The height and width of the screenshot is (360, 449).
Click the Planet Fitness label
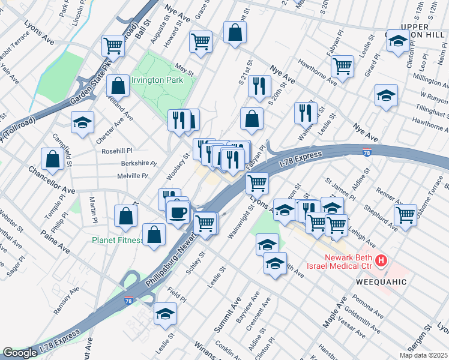(118, 240)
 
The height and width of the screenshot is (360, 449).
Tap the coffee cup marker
(178, 212)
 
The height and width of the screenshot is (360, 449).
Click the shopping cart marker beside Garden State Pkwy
(113, 45)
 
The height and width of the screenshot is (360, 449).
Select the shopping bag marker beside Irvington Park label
(118, 86)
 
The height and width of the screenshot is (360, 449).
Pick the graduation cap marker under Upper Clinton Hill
(398, 41)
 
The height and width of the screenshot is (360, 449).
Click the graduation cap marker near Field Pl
(165, 314)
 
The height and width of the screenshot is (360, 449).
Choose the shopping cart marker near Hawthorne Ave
(342, 65)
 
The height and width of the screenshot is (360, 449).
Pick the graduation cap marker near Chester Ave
(82, 122)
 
